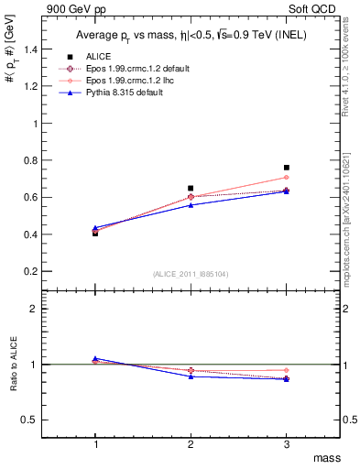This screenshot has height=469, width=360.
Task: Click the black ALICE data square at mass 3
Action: coord(287,168)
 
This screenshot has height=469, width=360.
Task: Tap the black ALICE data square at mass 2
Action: coord(191,188)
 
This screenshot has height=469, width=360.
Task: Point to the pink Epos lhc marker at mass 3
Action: coord(287,178)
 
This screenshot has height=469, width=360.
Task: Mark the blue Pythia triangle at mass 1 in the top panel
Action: coord(95,227)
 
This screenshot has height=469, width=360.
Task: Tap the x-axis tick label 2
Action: coord(191,444)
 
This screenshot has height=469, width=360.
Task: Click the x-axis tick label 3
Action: coord(287,444)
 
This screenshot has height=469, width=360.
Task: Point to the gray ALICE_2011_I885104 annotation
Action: coord(191,274)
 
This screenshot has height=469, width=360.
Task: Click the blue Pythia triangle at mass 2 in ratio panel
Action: coord(191,376)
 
